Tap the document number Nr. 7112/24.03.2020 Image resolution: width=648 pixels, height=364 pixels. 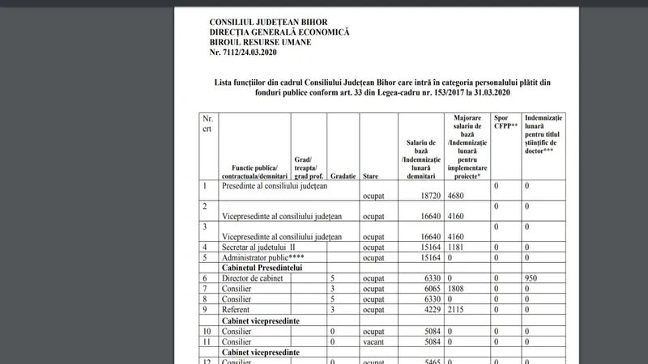coord(249,53)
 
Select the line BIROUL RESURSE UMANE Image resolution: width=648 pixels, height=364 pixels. coord(261,42)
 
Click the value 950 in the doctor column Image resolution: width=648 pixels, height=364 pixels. coord(531,278)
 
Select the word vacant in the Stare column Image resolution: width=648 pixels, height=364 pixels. coord(375,341)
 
